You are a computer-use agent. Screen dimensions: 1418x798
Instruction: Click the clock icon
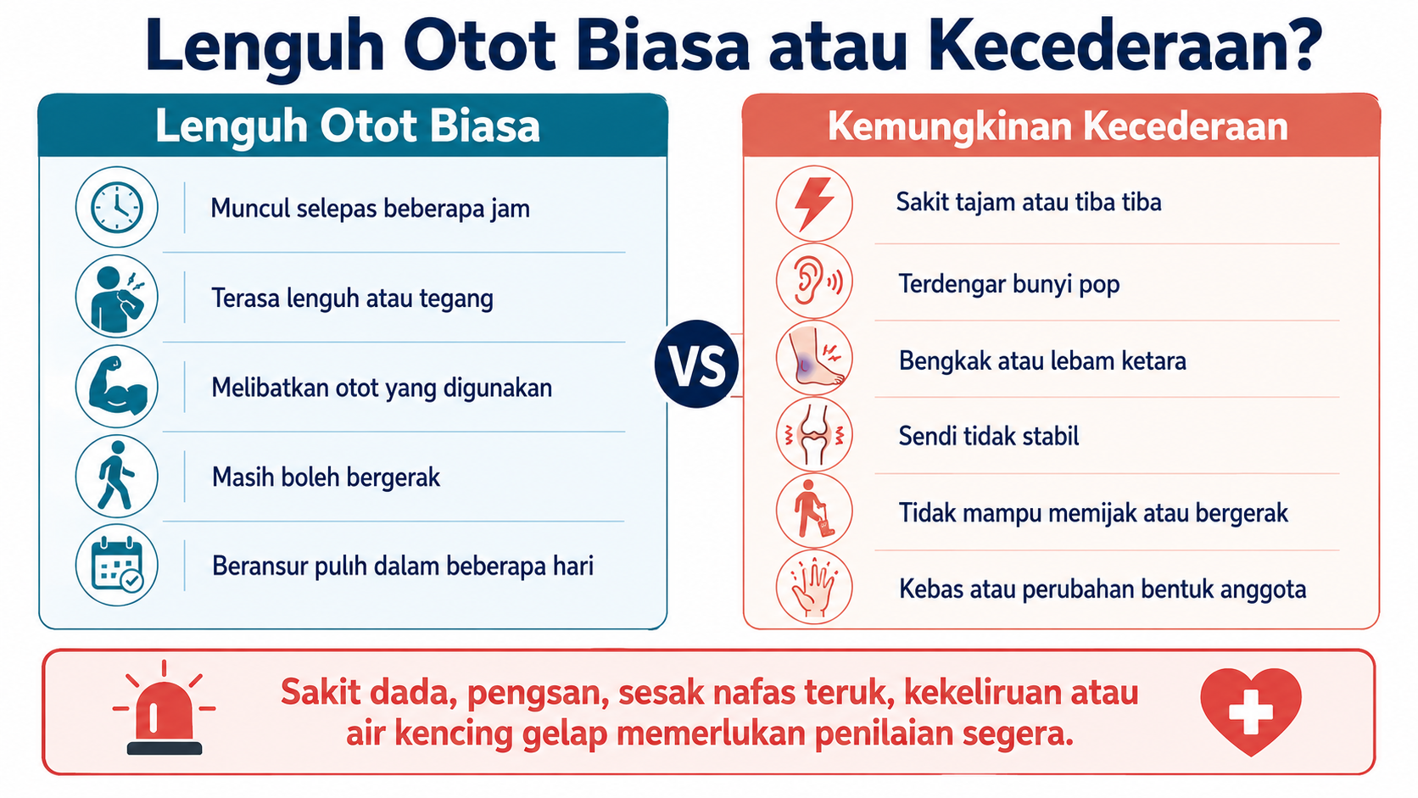[x=116, y=207]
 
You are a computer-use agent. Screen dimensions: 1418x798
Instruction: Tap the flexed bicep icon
[x=116, y=386]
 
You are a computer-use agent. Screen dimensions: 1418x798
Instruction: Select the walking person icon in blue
[x=116, y=476]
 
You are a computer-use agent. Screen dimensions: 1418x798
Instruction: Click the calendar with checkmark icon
[x=116, y=565]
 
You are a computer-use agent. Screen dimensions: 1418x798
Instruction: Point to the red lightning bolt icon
[x=814, y=204]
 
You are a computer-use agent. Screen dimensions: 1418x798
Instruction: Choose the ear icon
[x=814, y=281]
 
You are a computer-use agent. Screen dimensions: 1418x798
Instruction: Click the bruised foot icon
[x=814, y=358]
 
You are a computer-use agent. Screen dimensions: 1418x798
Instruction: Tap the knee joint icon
[x=814, y=435]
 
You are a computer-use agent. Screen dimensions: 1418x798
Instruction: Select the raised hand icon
[x=814, y=588]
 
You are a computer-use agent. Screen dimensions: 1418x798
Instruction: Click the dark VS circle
[x=696, y=364]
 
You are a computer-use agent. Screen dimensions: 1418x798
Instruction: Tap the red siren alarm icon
[x=164, y=709]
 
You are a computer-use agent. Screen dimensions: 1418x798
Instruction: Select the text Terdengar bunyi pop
[x=1009, y=284]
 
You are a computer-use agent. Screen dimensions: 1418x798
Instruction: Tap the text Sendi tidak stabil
[x=989, y=436]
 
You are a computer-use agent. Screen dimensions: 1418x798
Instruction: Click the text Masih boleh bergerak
[x=326, y=477]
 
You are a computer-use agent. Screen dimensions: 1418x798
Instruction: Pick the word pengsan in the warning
[x=538, y=693]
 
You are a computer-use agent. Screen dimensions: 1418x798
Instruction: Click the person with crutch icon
[x=814, y=511]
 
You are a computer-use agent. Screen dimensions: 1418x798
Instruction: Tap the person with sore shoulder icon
[x=116, y=296]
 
